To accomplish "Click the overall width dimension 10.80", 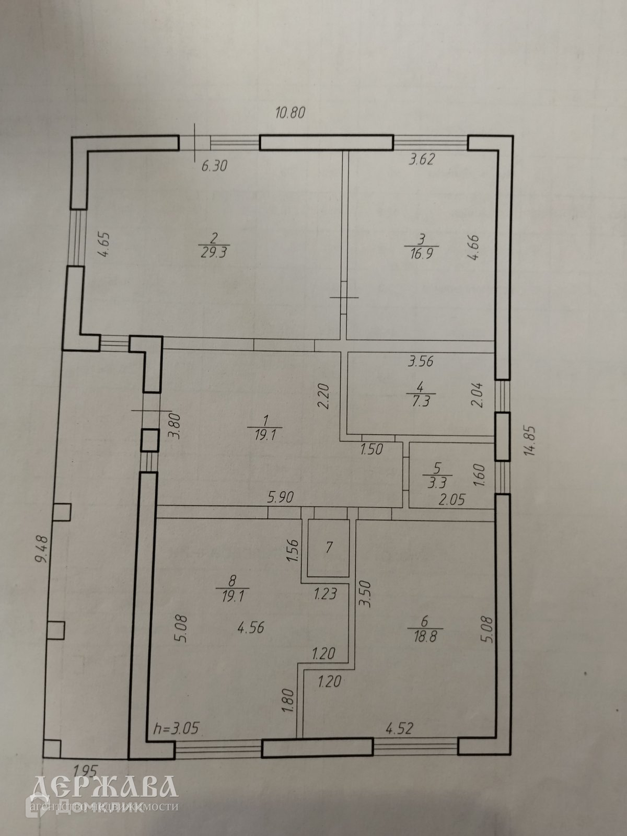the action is [289, 112].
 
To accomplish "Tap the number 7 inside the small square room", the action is [329, 547].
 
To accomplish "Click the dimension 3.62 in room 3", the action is [421, 160].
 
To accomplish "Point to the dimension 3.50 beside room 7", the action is [365, 594].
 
